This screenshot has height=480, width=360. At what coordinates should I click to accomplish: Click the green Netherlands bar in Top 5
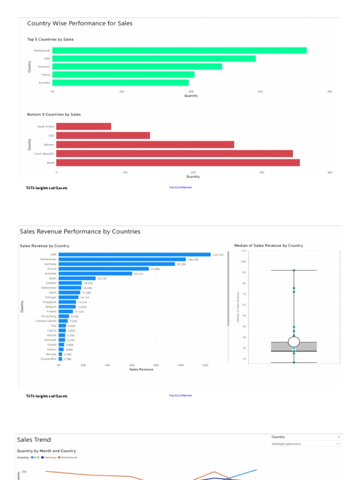[x=179, y=51]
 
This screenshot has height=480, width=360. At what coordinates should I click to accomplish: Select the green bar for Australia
[x=120, y=82]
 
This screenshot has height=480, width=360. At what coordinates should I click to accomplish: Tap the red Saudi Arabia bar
[x=83, y=127]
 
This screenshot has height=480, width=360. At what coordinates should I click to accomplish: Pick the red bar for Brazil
[x=178, y=163]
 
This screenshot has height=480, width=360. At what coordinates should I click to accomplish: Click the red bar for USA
[x=103, y=135]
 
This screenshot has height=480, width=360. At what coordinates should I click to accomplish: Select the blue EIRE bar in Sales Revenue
[x=135, y=255]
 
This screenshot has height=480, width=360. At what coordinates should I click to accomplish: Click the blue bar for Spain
[x=77, y=278]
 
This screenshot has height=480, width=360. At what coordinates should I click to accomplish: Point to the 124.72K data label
[x=218, y=255]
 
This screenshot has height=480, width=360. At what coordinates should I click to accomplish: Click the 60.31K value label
[x=139, y=273]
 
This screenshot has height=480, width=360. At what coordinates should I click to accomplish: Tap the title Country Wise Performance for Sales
[x=80, y=23]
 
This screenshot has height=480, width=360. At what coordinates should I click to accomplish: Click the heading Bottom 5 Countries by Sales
[x=54, y=114]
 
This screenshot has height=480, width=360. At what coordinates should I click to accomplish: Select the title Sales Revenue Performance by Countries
[x=80, y=232]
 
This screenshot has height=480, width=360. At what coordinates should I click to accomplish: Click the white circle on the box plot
[x=294, y=342]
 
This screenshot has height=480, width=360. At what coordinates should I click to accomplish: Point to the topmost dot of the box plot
[x=294, y=270]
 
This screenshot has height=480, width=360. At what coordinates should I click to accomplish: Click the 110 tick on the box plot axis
[x=243, y=251]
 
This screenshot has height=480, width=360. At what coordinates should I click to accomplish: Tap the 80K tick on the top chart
[x=330, y=92]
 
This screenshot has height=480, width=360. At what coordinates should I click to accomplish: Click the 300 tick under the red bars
[x=262, y=172]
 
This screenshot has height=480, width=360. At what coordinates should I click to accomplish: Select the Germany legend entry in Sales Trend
[x=49, y=457]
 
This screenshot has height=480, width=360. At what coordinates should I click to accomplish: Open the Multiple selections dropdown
[x=306, y=444]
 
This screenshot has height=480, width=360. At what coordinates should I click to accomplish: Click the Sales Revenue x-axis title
[x=141, y=369]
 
